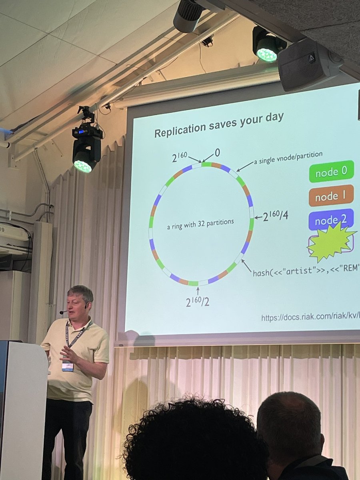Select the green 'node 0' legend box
click(x=331, y=172)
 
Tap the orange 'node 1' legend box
click(x=331, y=196)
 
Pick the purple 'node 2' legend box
click(x=331, y=219)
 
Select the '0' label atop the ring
click(x=217, y=152)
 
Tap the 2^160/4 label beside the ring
click(x=276, y=216)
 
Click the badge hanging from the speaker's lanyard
click(x=68, y=365)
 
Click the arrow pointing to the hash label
click(x=246, y=266)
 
